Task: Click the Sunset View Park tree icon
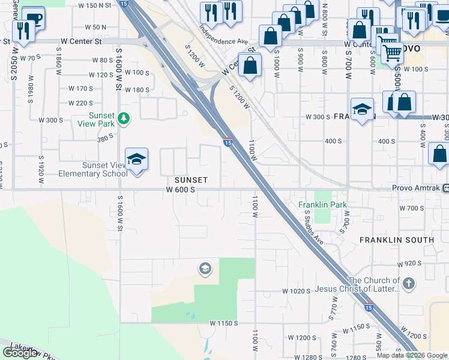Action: [124, 118]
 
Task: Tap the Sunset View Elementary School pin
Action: [137, 160]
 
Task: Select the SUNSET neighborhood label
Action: [191, 180]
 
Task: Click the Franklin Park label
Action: [323, 205]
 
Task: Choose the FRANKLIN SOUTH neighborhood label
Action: [397, 240]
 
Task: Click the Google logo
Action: [20, 353]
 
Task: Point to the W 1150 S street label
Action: [225, 323]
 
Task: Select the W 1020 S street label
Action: [297, 291]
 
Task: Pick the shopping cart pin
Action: [392, 53]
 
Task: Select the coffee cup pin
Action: [33, 18]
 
